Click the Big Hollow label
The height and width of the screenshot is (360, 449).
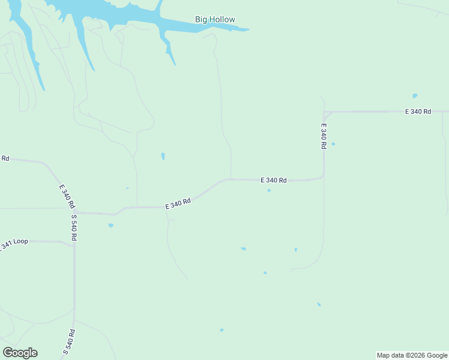(215, 19)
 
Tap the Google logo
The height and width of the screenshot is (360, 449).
(20, 353)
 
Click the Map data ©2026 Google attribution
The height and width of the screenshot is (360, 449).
(412, 355)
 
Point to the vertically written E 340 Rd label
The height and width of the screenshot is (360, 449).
(324, 136)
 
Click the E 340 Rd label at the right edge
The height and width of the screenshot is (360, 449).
(418, 112)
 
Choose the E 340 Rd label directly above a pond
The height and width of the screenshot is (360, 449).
(273, 180)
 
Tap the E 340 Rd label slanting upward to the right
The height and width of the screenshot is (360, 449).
(178, 204)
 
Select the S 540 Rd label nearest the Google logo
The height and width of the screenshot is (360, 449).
(70, 343)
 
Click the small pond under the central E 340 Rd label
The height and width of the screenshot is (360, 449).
(269, 191)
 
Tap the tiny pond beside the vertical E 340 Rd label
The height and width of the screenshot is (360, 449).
(333, 144)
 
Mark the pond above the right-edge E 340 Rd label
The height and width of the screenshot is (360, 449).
(415, 95)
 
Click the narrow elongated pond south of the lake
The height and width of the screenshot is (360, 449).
(163, 156)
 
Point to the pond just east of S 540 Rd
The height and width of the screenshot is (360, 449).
(110, 226)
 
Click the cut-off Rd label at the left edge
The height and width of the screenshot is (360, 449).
(5, 158)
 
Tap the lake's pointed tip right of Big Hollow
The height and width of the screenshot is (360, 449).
(246, 29)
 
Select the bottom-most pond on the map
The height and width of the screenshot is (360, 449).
(221, 330)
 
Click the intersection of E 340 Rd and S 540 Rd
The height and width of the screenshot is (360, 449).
(74, 212)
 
